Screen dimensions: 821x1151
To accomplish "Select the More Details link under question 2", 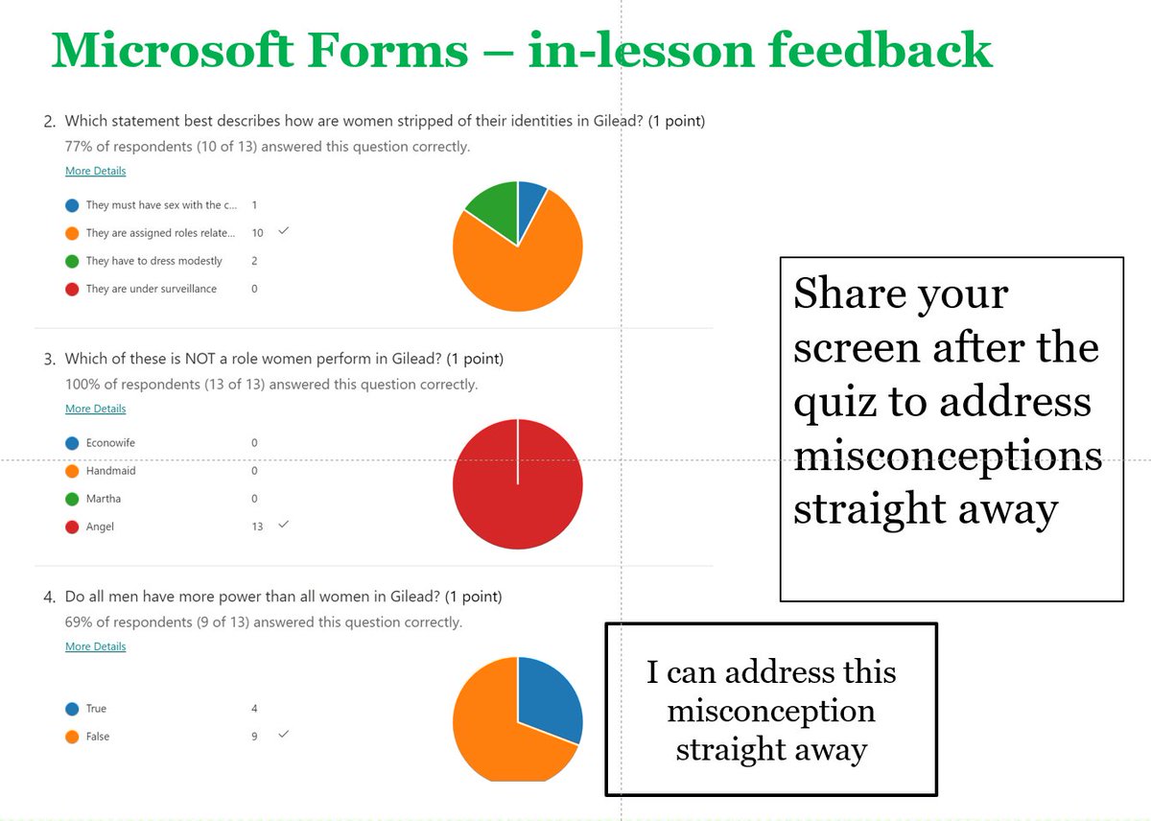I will [x=95, y=171].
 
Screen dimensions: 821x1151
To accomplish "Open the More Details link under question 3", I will [x=95, y=409].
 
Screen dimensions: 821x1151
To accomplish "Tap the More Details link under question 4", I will [x=95, y=646].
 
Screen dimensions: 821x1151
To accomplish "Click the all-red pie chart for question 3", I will [x=518, y=484].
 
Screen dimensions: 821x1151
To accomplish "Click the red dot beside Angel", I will [x=72, y=527].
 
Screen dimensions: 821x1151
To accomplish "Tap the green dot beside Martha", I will [x=72, y=499].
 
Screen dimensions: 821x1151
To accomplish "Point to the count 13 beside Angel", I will [x=257, y=527].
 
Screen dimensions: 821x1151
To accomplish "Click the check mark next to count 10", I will [x=283, y=231].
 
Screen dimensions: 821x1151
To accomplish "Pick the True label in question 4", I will [x=96, y=709].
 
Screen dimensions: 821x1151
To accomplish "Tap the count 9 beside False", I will [x=254, y=737].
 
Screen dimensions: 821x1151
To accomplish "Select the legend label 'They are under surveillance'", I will [x=151, y=289].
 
